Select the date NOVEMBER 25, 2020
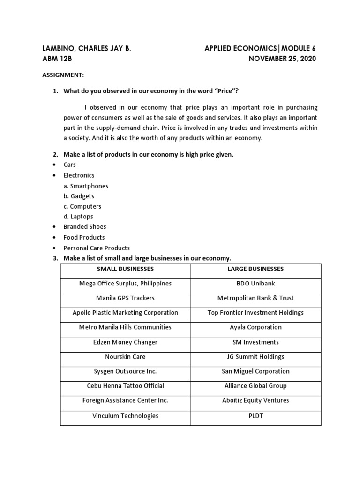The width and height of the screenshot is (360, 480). [282, 59]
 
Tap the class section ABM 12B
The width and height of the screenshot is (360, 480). [57, 59]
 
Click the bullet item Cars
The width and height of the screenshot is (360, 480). [70, 165]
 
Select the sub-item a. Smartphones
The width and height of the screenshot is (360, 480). [86, 186]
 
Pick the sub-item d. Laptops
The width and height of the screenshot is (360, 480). [78, 217]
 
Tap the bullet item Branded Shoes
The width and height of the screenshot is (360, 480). [85, 227]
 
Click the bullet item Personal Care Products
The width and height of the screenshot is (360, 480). [97, 247]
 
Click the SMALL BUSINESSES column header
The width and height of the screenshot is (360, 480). [125, 269]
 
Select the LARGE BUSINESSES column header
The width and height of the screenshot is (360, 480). [255, 269]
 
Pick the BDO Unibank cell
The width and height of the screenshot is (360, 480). [255, 284]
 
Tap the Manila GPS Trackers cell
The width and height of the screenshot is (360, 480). [125, 298]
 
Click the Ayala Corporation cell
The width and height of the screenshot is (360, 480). [255, 327]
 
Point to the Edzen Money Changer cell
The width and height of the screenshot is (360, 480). [125, 342]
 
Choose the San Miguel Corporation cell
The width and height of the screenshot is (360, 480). [255, 371]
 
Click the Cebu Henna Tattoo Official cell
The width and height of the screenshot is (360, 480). [125, 386]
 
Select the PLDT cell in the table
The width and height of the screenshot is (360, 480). [255, 416]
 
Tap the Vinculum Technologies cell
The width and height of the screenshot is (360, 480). [125, 416]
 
